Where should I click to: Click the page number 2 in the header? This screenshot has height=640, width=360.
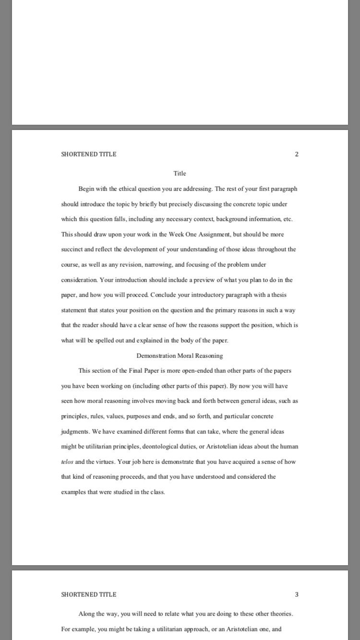click(297, 154)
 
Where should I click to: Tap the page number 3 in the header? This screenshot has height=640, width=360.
click(297, 594)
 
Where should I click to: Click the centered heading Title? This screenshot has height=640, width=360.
click(180, 173)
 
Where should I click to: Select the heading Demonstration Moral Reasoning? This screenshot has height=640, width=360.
click(180, 356)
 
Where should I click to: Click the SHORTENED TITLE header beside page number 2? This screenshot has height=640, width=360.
click(89, 154)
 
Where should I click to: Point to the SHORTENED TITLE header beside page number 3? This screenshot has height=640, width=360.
click(89, 594)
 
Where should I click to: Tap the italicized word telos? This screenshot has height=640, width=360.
click(67, 462)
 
